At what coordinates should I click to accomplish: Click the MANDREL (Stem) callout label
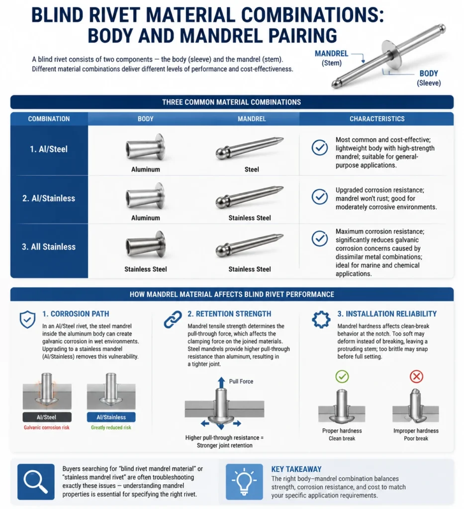point(332,58)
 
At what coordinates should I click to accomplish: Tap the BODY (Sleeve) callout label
point(429,78)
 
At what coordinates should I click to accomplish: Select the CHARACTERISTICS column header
point(377,119)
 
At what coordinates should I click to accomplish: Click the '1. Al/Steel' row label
point(49,149)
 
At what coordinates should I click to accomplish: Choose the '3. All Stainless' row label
point(49,247)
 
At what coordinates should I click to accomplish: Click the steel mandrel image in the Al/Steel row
point(249,148)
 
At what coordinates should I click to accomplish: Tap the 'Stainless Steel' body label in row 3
point(146,269)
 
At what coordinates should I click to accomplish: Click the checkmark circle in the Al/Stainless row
point(320,196)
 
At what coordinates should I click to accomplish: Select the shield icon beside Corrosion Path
point(27,320)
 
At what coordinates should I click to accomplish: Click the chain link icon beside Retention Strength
point(173,319)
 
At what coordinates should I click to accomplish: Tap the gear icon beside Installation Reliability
point(321,320)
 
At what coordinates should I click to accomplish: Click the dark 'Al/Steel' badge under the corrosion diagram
point(47,417)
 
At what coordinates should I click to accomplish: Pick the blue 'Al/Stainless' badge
point(111,417)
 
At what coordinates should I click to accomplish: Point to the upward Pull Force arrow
point(221,383)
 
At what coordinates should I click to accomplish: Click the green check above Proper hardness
point(342,377)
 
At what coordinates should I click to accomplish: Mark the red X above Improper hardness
point(416,377)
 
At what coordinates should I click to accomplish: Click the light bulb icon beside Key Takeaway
point(244,482)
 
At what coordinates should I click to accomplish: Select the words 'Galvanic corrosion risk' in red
point(46,427)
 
